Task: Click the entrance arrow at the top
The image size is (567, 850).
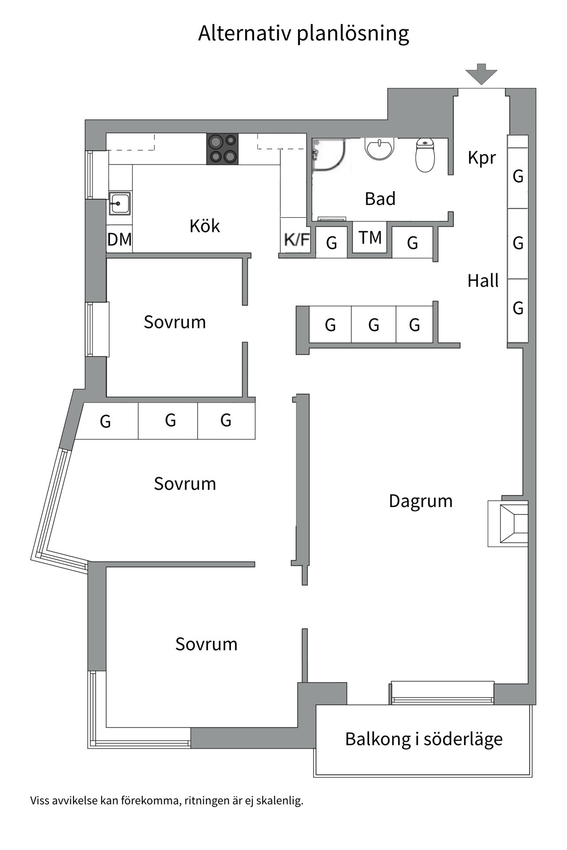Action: click(482, 74)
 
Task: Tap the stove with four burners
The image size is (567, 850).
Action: click(222, 149)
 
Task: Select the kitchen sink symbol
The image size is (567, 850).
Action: click(120, 203)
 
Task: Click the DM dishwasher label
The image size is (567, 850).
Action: click(120, 240)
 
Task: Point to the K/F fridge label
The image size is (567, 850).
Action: click(297, 240)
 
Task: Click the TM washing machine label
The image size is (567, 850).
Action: click(370, 238)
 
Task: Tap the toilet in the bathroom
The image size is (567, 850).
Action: click(425, 155)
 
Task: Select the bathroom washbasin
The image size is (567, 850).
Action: click(380, 148)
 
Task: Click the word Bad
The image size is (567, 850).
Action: click(380, 199)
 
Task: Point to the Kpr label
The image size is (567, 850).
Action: click(482, 158)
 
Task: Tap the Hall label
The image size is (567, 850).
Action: click(483, 281)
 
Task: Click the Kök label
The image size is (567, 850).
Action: click(205, 226)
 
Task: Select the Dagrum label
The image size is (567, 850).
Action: click(421, 502)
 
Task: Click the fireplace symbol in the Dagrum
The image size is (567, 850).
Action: click(509, 524)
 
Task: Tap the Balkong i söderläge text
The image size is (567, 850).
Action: click(424, 739)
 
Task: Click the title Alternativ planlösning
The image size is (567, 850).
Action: click(303, 34)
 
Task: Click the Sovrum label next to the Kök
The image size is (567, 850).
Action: click(175, 322)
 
